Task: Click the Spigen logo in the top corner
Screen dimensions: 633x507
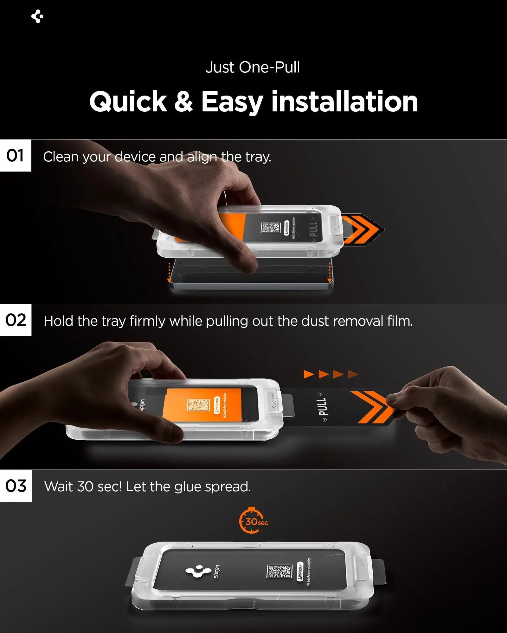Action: coord(37,16)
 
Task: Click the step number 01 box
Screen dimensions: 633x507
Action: coord(15,156)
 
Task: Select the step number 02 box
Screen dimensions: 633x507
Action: coord(16,320)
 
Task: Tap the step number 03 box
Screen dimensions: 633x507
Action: coord(16,486)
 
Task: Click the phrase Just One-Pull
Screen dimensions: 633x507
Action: coord(253,67)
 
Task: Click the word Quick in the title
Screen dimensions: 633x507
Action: coord(128,102)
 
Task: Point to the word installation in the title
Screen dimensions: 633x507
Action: coord(345,102)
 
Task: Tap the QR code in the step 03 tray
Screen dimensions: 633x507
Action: coord(279,572)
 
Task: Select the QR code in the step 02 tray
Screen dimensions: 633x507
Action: coord(198,405)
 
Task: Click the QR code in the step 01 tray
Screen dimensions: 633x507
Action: coord(270,228)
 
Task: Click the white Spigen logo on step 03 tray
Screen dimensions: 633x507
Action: coord(198,572)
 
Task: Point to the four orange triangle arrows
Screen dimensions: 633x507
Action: coord(331,374)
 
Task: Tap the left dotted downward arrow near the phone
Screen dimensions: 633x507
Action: coord(169,273)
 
